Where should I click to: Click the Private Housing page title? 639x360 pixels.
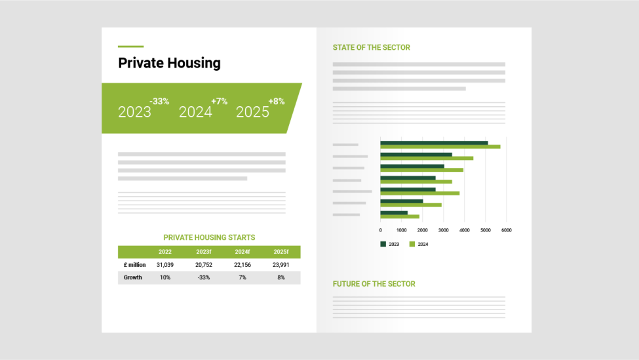click(x=169, y=63)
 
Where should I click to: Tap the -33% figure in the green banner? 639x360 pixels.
click(x=159, y=102)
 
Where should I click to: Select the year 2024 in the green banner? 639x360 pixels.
click(x=195, y=112)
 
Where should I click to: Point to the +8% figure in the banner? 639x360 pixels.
click(x=277, y=102)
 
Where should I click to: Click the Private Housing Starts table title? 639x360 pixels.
click(x=209, y=237)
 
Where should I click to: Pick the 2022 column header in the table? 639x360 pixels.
click(x=165, y=252)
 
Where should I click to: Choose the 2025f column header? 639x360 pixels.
click(x=281, y=252)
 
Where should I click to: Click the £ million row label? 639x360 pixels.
click(x=134, y=265)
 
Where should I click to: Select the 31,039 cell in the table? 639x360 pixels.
click(x=165, y=265)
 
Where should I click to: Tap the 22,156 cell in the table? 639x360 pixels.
click(x=242, y=265)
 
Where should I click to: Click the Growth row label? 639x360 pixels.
click(x=133, y=277)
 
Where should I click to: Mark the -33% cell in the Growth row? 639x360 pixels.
click(x=204, y=277)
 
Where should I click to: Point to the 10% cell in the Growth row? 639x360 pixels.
click(x=165, y=277)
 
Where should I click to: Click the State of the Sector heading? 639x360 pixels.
click(x=371, y=48)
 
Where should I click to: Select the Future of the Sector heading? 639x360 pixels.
click(x=374, y=284)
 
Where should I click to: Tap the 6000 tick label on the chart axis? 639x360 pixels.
click(x=506, y=230)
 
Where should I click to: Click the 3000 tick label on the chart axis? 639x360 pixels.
click(x=443, y=230)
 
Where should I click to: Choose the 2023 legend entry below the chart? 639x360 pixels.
click(x=390, y=244)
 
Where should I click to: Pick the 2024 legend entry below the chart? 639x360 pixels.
click(x=419, y=244)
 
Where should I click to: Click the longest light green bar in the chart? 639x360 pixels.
click(x=440, y=147)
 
